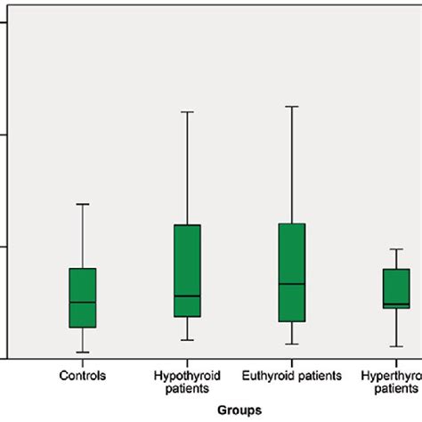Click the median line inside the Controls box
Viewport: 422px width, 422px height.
[x=83, y=302]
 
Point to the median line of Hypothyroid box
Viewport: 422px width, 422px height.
[x=187, y=296]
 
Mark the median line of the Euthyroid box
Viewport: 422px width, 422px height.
[x=292, y=283]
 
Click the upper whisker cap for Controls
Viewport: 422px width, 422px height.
[x=83, y=204]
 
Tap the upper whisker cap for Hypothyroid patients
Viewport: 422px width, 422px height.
[x=187, y=111]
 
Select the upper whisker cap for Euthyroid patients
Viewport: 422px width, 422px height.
[x=292, y=106]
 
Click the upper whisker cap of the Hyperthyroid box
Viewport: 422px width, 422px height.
[x=396, y=249]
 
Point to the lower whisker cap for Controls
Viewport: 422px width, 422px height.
[x=83, y=353]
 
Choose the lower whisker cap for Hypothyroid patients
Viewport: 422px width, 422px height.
[x=187, y=339]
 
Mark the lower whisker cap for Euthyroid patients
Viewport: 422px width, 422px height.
[x=292, y=344]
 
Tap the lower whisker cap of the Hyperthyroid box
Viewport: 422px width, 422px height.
[x=396, y=346]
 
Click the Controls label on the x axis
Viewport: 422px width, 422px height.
[x=83, y=376]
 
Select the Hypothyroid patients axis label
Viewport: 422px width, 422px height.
[x=187, y=382]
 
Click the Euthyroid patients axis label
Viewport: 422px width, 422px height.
[x=292, y=376]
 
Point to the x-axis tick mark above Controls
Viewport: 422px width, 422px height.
[x=83, y=361]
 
